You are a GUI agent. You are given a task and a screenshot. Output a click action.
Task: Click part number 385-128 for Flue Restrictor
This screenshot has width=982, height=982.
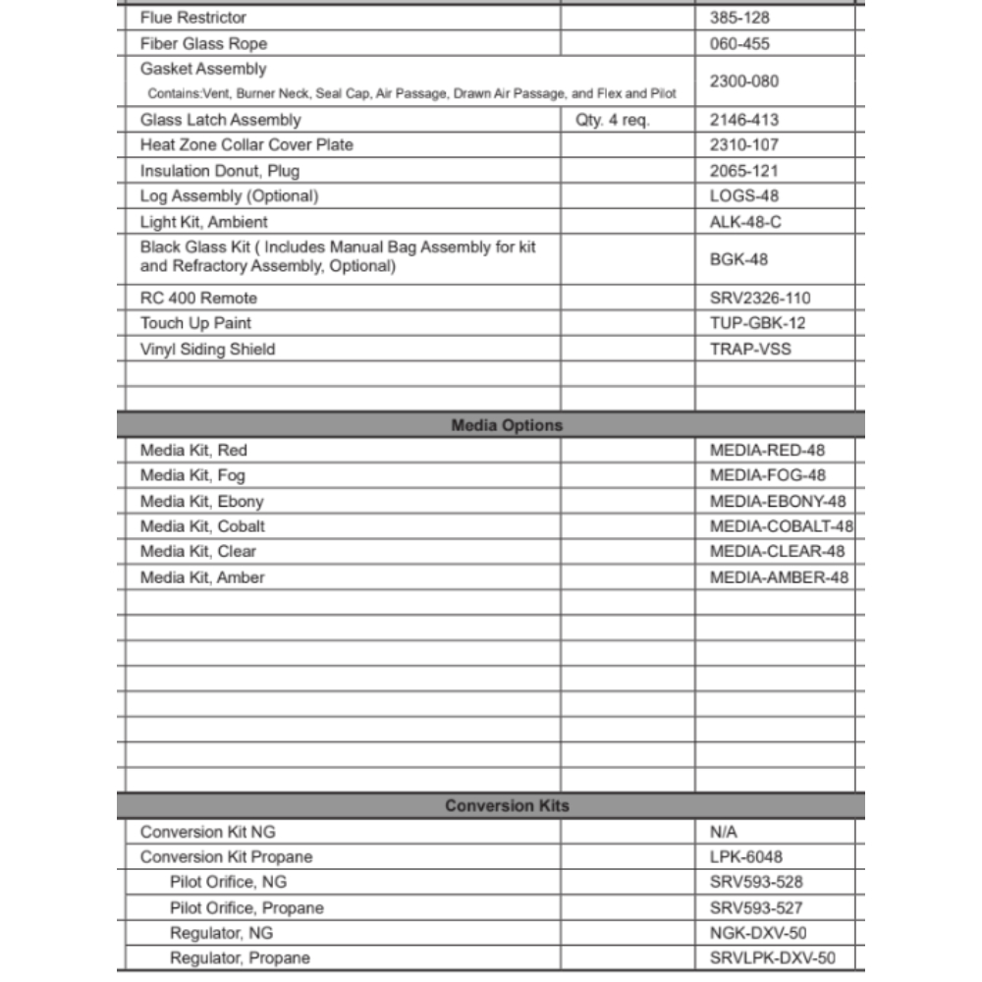[739, 18]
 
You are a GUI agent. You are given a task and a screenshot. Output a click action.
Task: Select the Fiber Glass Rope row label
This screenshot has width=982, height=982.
[203, 43]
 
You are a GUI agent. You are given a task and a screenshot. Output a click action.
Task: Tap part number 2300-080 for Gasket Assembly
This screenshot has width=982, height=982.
[743, 82]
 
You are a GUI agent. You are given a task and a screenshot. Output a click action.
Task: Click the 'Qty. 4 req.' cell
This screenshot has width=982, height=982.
[612, 120]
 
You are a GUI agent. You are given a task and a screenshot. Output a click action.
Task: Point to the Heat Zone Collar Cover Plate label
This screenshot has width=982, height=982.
[246, 144]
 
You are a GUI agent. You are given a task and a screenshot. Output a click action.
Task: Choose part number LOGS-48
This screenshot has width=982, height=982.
[743, 195]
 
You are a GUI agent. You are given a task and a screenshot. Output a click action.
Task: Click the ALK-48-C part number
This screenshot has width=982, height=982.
[745, 222]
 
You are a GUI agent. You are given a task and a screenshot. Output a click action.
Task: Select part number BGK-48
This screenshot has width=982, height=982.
[738, 259]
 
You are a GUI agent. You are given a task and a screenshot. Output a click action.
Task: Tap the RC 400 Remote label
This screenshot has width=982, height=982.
[198, 298]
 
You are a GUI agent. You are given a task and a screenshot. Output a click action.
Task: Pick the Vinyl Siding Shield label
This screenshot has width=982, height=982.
[207, 349]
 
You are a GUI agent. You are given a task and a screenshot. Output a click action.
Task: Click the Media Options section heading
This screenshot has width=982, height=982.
[507, 425]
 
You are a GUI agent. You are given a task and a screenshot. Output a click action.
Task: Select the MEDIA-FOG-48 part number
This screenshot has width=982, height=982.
[767, 475]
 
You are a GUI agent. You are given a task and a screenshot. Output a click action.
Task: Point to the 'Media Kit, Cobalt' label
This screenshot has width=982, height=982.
[202, 526]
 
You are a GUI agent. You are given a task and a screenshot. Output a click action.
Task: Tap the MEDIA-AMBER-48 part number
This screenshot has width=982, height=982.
[779, 577]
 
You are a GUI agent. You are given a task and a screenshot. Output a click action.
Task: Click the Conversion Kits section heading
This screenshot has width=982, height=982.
[507, 806]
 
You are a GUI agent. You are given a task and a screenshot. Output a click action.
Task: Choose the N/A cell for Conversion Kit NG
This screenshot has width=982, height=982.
[723, 832]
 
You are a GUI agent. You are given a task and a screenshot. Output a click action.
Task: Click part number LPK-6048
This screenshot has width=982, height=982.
[745, 857]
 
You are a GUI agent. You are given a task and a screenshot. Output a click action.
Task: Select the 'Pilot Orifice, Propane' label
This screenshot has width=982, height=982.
[246, 907]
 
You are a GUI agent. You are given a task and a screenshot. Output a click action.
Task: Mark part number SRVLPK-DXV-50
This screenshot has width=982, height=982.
[772, 958]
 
